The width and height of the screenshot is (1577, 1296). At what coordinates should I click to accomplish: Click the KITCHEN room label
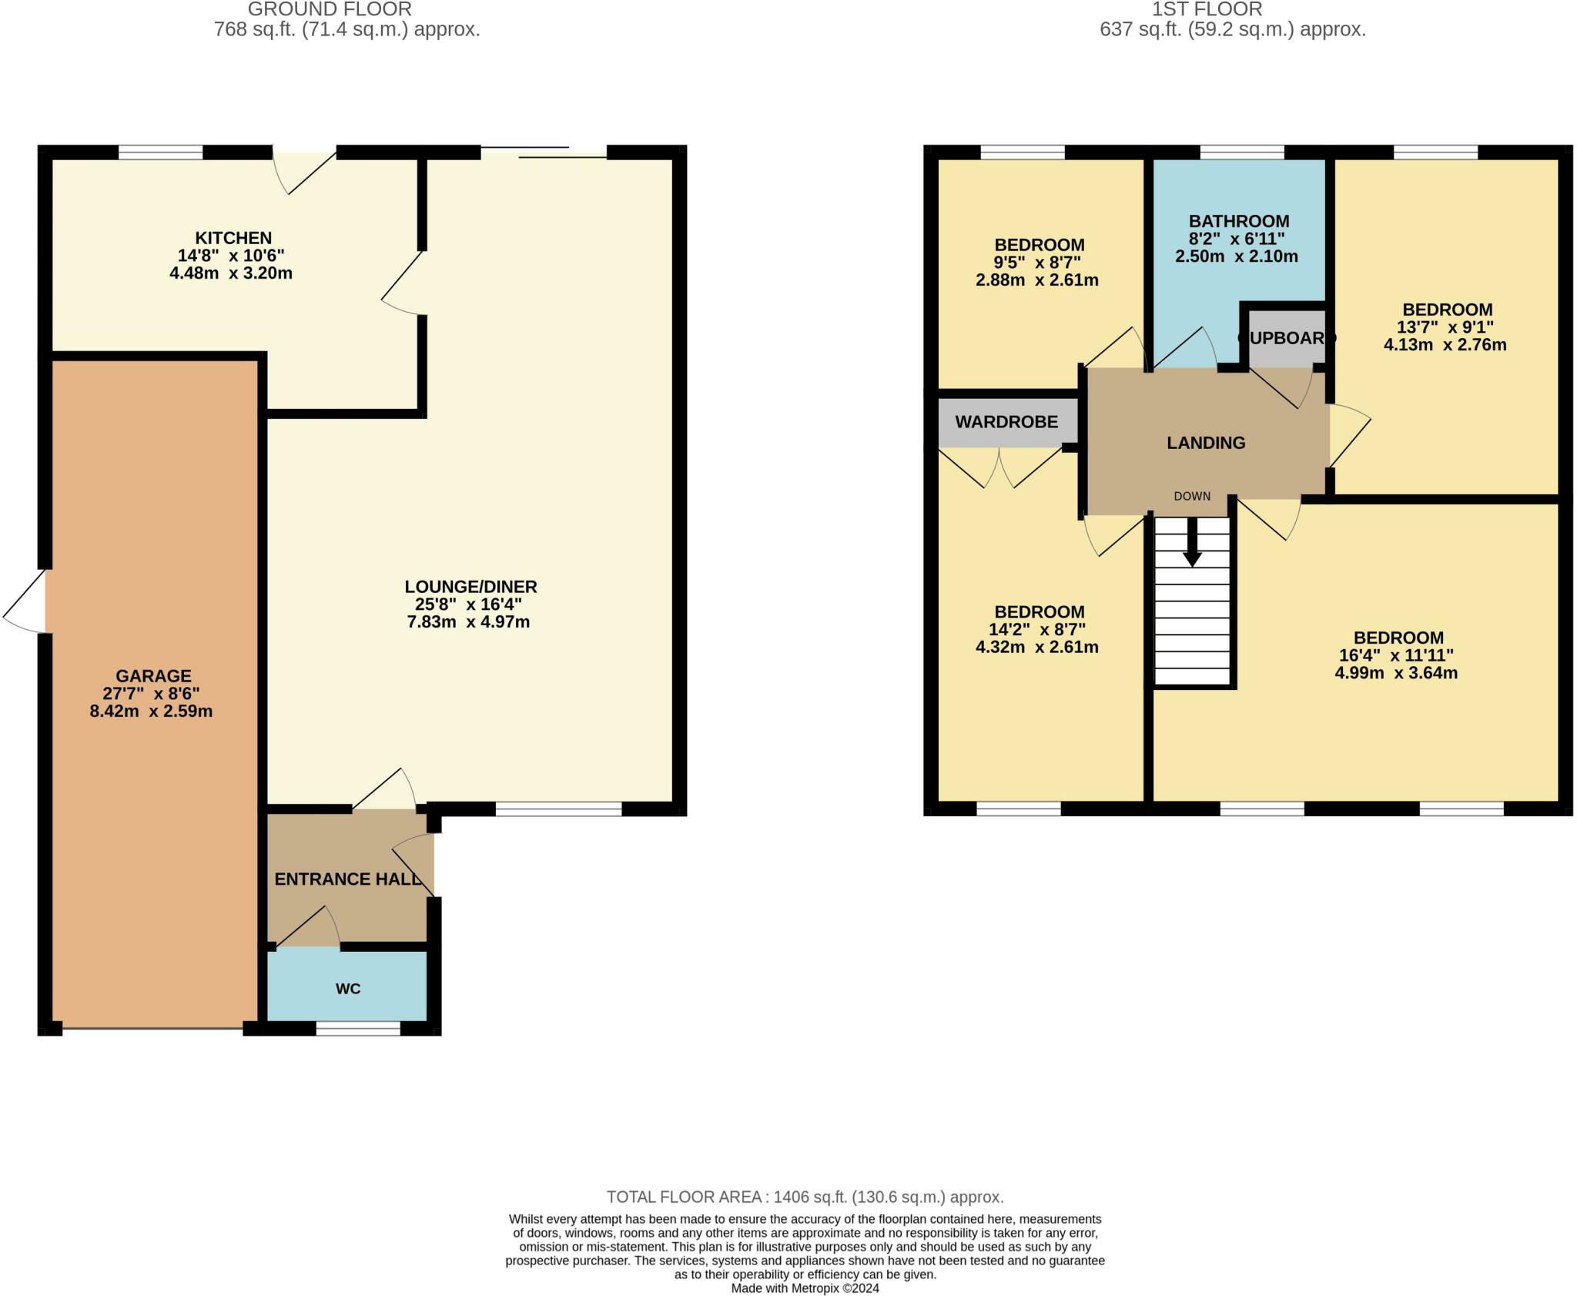coord(233,238)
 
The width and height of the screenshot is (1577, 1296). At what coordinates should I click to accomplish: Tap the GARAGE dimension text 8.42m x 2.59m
coord(151,712)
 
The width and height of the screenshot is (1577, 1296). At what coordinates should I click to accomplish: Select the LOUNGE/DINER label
coord(470,587)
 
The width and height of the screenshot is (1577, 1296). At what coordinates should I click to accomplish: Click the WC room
coord(347,988)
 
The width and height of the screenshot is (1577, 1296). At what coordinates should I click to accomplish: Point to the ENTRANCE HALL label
coord(348,879)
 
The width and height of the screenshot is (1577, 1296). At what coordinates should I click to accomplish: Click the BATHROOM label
coord(1238,222)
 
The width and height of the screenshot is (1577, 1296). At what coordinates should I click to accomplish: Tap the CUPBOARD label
coord(1286,338)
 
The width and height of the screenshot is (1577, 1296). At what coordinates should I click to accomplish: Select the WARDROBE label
coord(1006,422)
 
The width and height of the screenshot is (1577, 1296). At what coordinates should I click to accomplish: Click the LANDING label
coord(1206,443)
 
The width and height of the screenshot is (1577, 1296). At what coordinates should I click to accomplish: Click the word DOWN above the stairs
coord(1192,497)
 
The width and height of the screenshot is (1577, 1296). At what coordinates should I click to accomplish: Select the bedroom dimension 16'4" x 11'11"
coord(1396,656)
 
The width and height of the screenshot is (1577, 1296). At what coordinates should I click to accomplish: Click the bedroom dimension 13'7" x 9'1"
coord(1445,327)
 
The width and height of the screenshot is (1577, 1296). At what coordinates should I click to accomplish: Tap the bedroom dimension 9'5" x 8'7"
coord(1039,263)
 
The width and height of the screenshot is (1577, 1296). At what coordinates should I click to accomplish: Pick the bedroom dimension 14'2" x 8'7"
coord(1037,629)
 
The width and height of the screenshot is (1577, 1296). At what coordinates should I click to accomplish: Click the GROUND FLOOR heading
coord(330,9)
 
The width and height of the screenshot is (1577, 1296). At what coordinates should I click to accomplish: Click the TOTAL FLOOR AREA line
coord(805,1197)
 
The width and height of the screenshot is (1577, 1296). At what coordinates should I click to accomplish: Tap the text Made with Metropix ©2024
coord(805,1288)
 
